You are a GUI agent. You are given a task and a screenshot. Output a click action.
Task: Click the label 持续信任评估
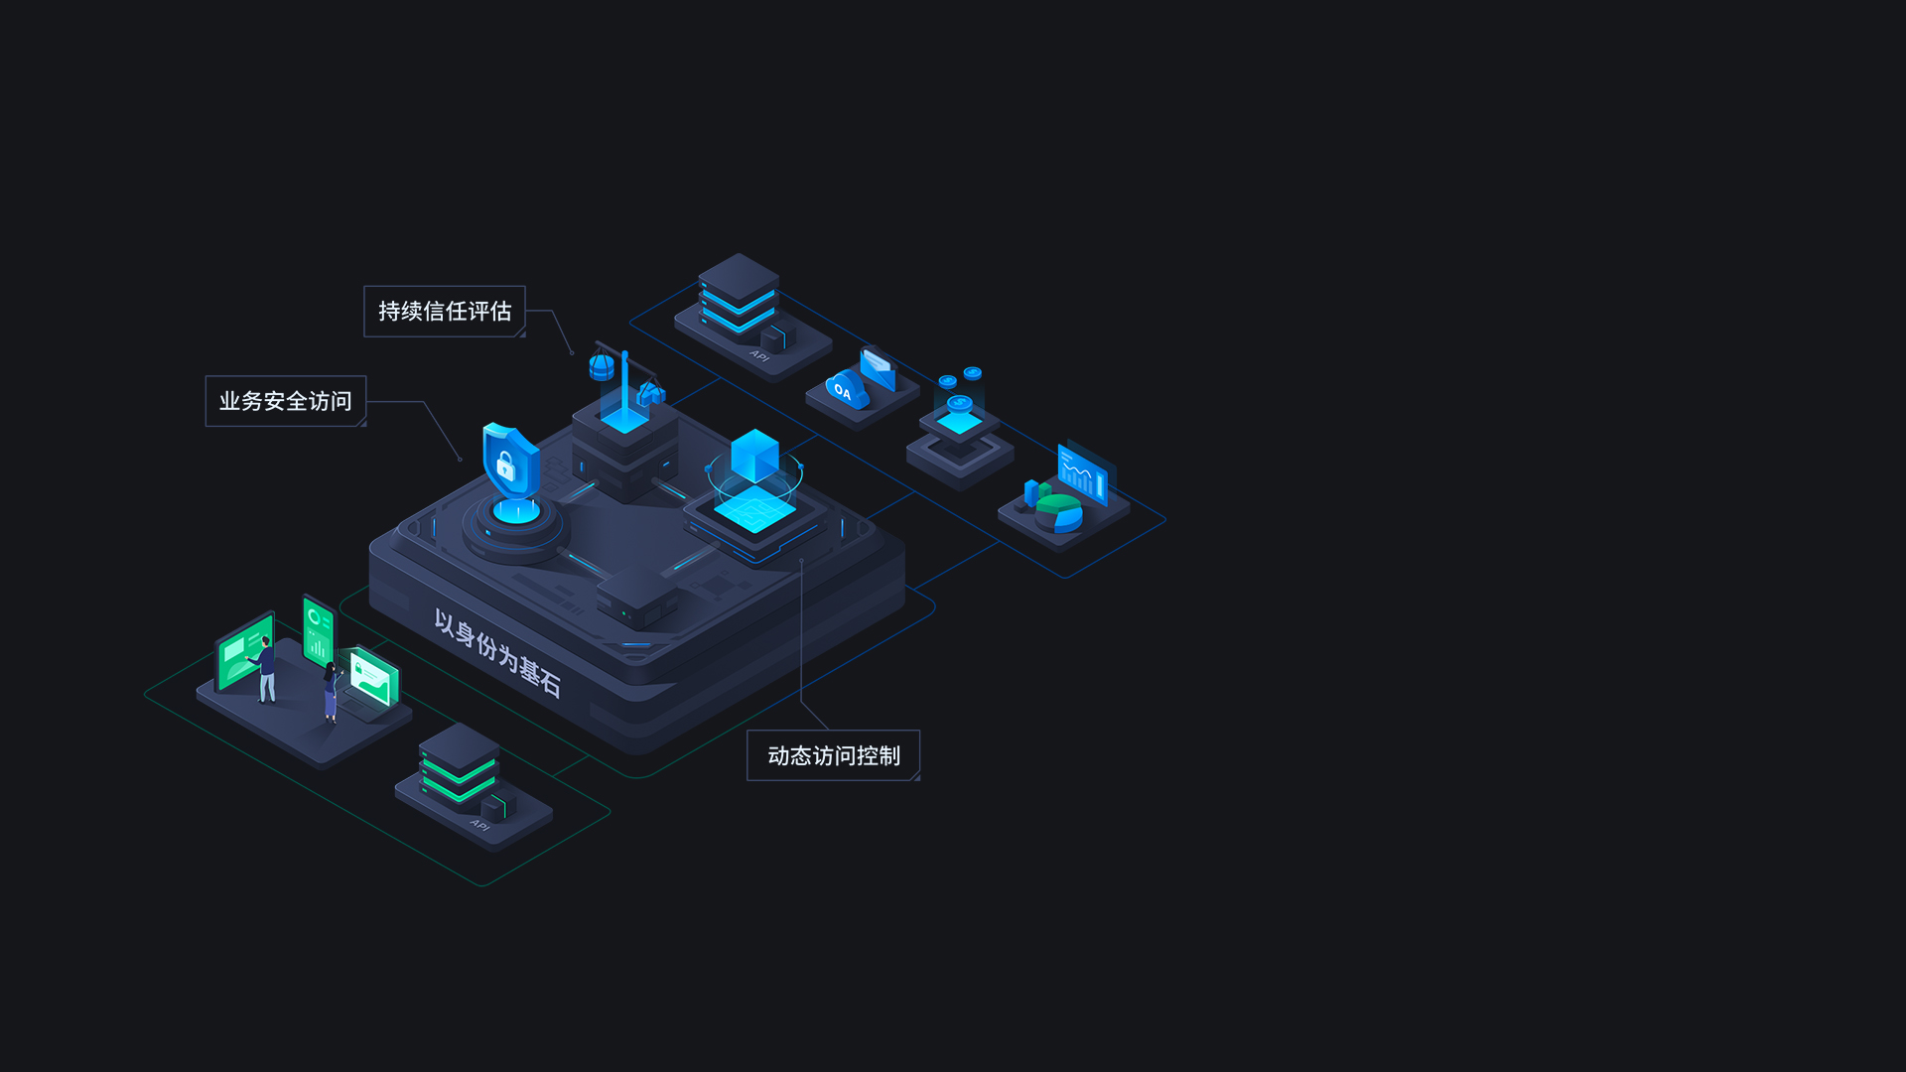point(445,312)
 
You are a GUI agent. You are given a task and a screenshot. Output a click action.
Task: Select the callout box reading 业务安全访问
point(286,401)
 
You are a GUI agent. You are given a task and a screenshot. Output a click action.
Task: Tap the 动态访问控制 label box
point(834,755)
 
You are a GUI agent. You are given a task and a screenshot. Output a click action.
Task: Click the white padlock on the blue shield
point(505,465)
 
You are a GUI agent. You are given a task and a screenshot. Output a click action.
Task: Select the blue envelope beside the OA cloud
point(878,368)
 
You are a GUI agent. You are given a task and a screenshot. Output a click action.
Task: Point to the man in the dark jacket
point(265,670)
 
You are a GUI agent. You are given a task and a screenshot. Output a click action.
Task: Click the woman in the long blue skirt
point(332,692)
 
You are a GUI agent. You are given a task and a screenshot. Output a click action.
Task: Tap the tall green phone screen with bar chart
point(319,632)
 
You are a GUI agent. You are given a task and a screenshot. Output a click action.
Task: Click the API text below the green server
point(479,825)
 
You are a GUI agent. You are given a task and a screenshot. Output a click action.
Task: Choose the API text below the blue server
point(759,355)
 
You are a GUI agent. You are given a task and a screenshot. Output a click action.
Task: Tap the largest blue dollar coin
point(959,404)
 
